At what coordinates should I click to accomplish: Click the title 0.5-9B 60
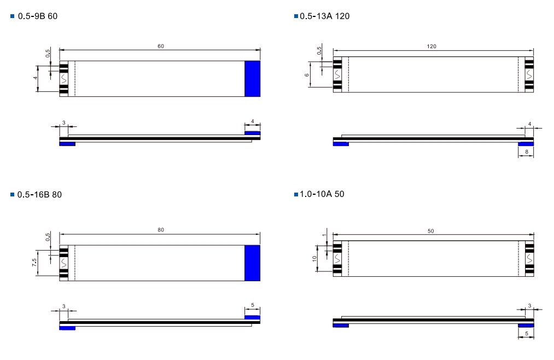point(37,16)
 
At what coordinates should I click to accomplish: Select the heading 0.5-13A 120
point(324,16)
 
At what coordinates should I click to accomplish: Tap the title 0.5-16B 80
point(39,195)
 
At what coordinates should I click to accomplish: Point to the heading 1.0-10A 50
point(322,194)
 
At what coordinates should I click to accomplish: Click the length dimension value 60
point(161,47)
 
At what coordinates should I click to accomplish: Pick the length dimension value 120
point(431,47)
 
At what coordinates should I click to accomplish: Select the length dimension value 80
point(161,230)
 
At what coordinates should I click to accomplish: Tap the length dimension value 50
point(431,231)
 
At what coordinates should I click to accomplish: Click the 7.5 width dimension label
point(34,263)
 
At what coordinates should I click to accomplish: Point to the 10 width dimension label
point(314,259)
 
